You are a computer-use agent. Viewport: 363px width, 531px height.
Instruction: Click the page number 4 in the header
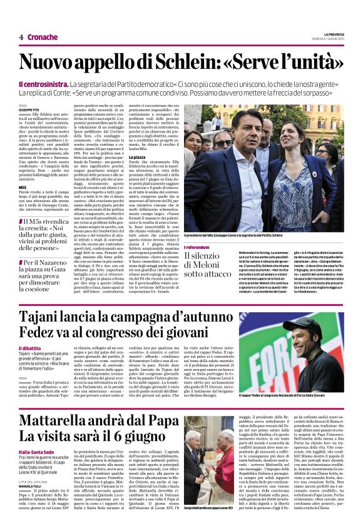coord(21,37)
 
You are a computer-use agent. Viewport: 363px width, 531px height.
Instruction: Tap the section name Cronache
coord(43,37)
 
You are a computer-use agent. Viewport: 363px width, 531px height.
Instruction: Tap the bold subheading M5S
coord(23,187)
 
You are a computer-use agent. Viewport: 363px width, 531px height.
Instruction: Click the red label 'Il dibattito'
coord(30,348)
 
